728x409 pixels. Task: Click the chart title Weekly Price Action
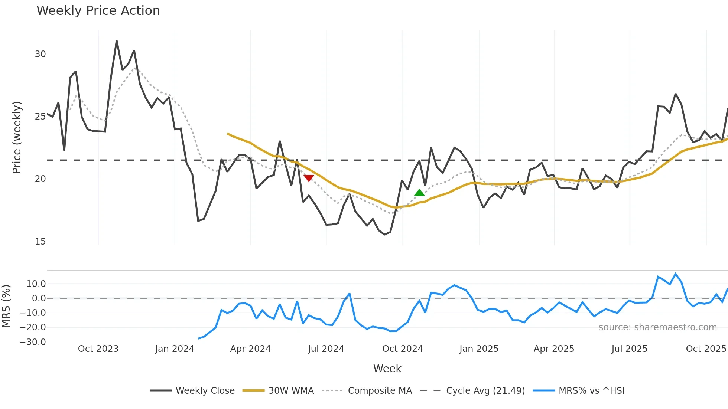click(x=98, y=11)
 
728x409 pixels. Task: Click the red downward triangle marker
click(x=309, y=178)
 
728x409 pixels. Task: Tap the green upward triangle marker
click(x=419, y=192)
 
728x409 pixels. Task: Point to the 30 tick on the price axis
click(x=40, y=54)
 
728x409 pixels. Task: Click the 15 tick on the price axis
click(x=40, y=242)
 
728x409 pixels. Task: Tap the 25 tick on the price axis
click(x=40, y=117)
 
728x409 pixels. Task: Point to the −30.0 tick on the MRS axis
click(x=33, y=342)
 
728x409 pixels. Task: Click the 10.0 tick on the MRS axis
click(x=36, y=284)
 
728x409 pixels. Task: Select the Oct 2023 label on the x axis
click(x=98, y=349)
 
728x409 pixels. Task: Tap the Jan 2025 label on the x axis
click(x=479, y=349)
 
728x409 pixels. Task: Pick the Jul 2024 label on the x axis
click(x=326, y=349)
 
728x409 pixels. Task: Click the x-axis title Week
click(x=387, y=369)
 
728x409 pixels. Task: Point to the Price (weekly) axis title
click(x=17, y=137)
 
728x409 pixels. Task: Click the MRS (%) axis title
click(x=6, y=306)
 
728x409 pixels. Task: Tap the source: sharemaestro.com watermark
click(x=657, y=327)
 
